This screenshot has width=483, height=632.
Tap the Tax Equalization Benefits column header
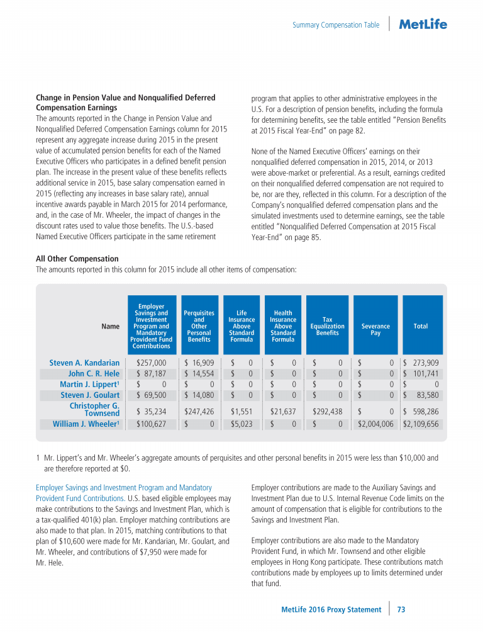tap(327, 326)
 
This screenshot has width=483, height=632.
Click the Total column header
tap(421, 326)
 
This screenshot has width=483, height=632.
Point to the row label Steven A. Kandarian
tap(84, 363)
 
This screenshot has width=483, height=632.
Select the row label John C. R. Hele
tap(94, 374)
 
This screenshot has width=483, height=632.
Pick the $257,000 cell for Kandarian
tap(152, 363)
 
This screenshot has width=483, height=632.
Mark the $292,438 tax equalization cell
tap(328, 412)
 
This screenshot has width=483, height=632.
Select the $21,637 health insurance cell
tap(283, 412)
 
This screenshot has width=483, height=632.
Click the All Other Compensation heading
tap(77, 259)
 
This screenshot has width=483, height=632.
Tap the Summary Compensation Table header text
tap(336, 25)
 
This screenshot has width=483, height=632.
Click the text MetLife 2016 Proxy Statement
tap(331, 609)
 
